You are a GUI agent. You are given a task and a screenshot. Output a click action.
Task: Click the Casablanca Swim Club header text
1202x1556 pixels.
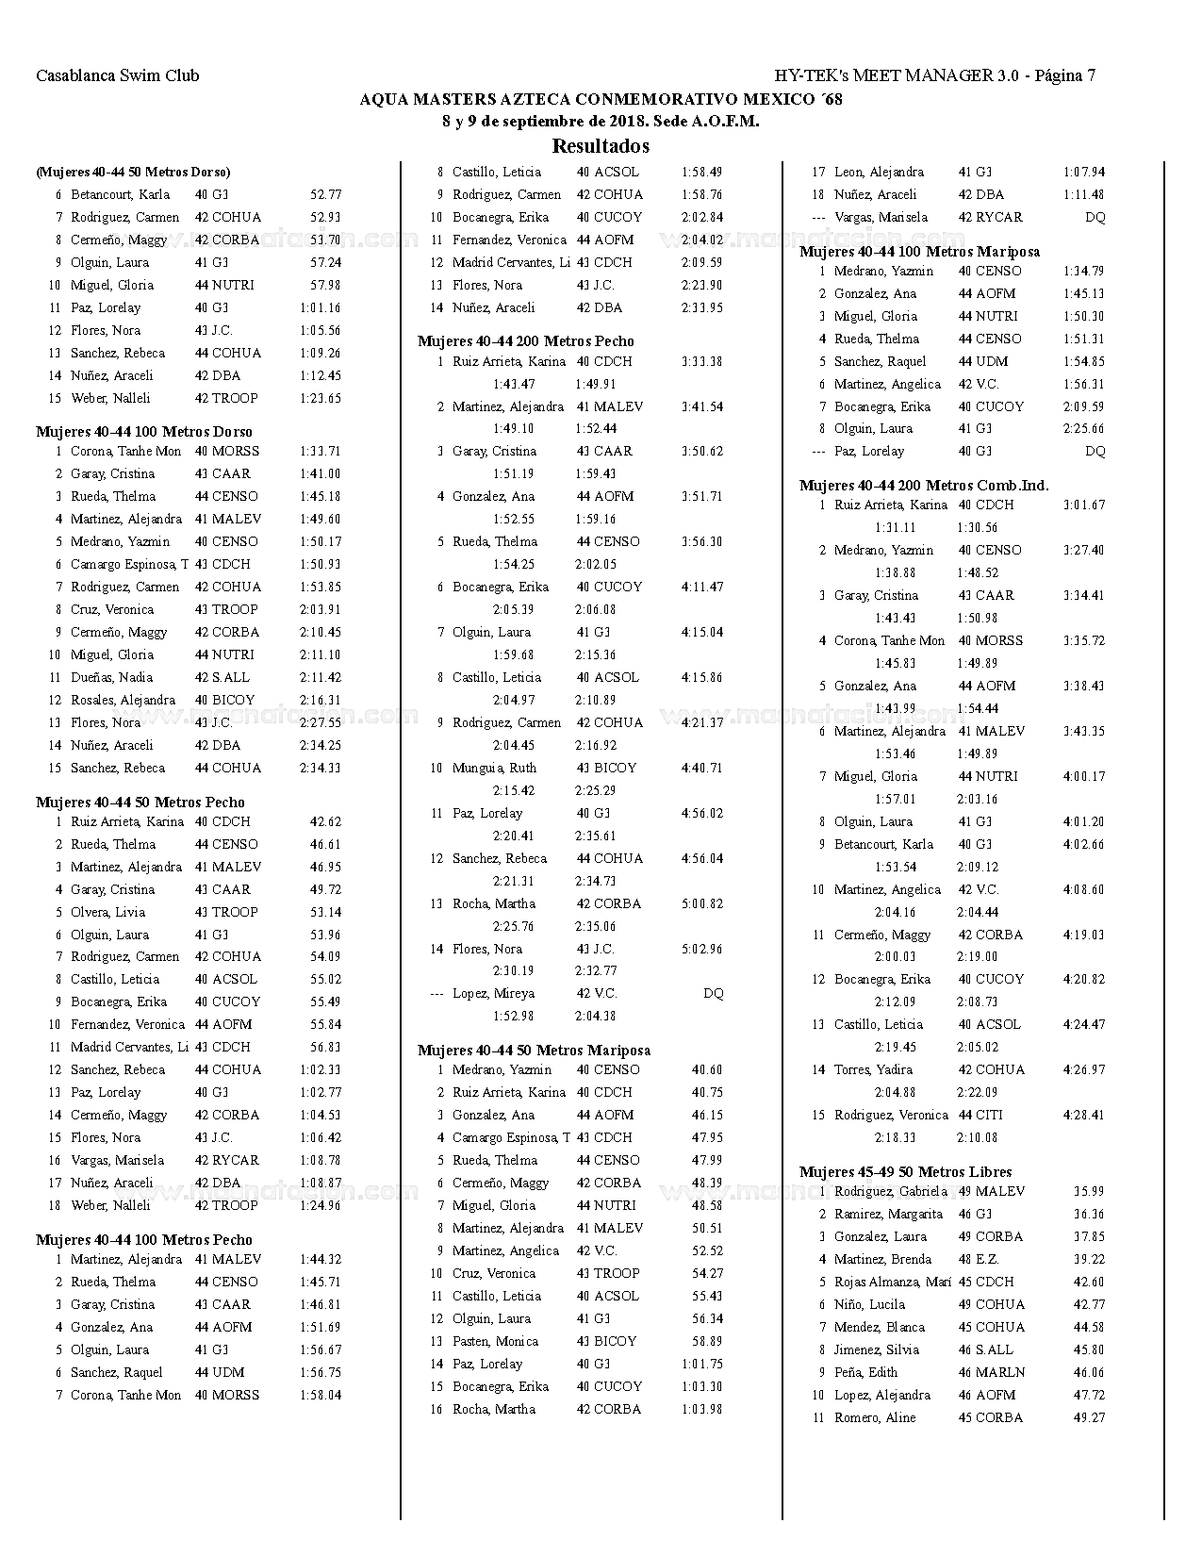[x=118, y=75]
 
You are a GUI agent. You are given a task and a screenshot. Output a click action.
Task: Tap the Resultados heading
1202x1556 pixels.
[x=601, y=146]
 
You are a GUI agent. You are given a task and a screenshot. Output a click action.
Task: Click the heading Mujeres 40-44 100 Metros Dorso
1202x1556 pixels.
[x=144, y=432]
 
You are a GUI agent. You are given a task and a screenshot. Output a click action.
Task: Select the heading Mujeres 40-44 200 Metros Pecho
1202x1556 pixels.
[x=526, y=341]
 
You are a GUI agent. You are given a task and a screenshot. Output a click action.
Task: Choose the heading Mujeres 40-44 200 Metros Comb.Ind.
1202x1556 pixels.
[x=924, y=486]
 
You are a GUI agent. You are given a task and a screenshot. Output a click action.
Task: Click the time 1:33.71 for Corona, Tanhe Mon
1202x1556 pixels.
[x=320, y=451]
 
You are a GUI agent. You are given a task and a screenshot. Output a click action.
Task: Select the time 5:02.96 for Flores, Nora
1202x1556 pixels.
[x=701, y=949]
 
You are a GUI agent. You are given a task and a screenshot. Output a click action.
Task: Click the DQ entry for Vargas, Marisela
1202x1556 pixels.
[x=1095, y=217]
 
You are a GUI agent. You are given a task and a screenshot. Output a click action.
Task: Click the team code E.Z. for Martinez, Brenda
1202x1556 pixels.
[x=988, y=1259]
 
